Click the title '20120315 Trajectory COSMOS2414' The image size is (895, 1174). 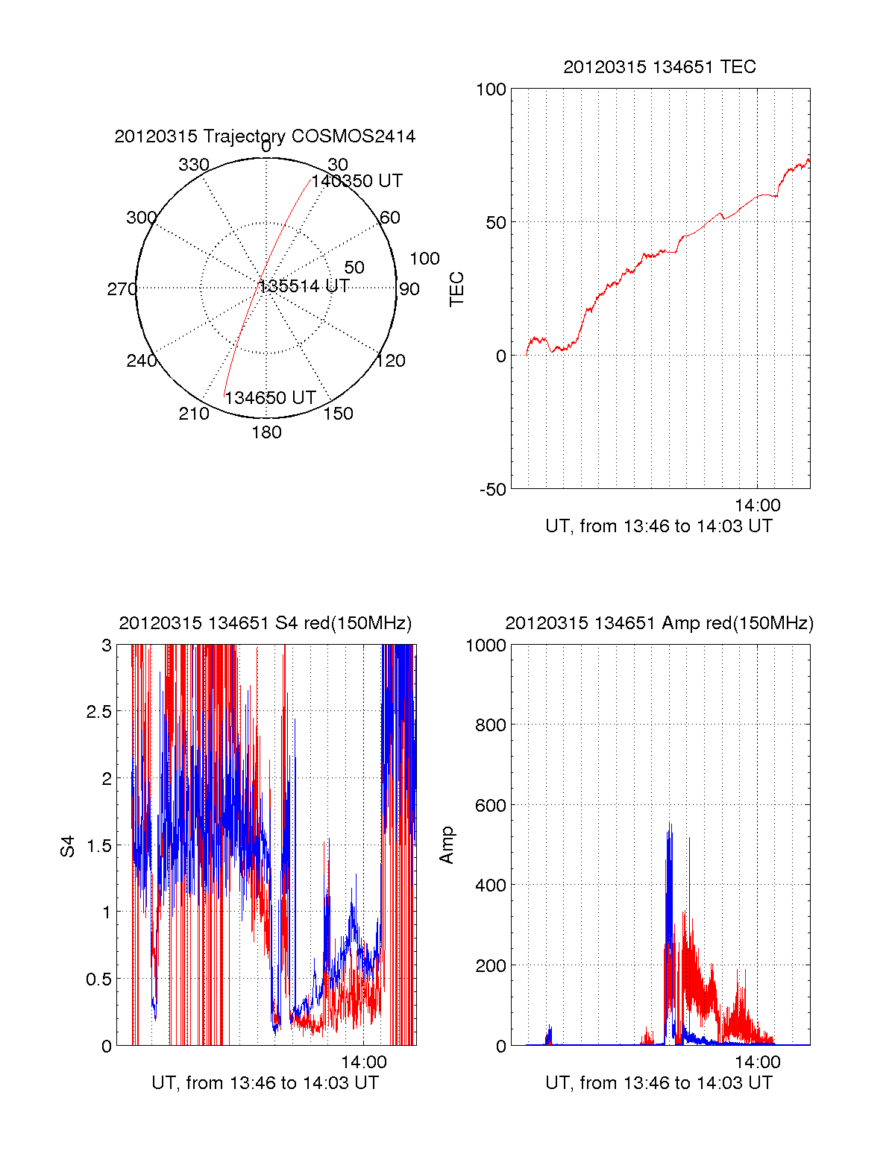pos(265,136)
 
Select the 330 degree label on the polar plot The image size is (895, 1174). pos(193,165)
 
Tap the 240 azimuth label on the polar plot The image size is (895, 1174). pos(141,361)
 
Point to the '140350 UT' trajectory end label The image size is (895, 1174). pos(357,181)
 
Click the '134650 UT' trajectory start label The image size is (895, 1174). pos(270,398)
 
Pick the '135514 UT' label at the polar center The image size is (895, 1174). pos(304,286)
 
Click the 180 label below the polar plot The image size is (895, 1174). pos(266,432)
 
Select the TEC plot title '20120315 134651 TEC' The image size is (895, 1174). pos(659,67)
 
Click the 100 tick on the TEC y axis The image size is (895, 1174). pos(491,89)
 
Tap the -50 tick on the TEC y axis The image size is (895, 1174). pos(492,490)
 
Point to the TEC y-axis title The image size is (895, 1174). pos(456,289)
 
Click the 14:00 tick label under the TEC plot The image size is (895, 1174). pos(757,505)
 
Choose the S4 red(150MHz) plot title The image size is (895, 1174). pos(265,623)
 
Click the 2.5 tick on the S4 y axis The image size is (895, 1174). pos(98,712)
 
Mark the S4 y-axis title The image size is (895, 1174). pos(68,846)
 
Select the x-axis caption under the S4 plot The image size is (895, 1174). pos(265,1083)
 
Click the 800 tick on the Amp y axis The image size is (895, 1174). pos(491,725)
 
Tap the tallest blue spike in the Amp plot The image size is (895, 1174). pos(670,824)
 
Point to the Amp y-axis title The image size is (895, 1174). pos(446,845)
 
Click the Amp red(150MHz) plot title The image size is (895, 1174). pos(659,623)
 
